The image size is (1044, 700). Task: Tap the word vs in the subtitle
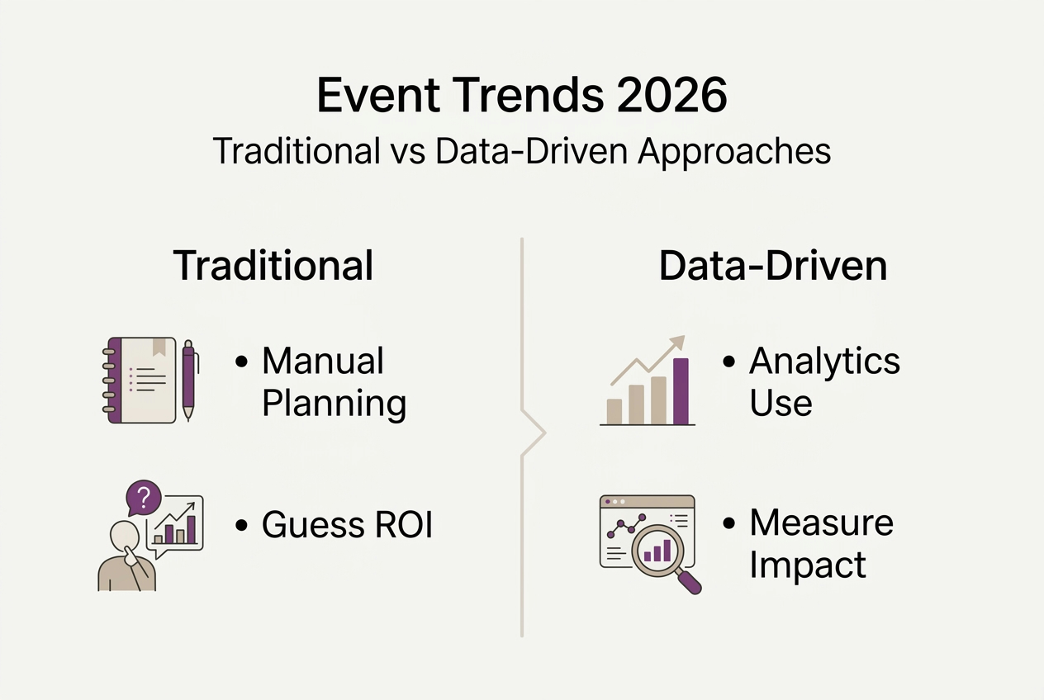click(402, 152)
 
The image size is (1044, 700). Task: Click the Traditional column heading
click(273, 266)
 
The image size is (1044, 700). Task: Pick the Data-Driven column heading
click(773, 266)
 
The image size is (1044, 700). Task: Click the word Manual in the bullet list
click(323, 361)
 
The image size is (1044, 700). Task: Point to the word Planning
click(334, 404)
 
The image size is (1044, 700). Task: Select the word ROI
click(395, 525)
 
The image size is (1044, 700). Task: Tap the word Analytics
click(824, 361)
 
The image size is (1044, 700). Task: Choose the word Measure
click(821, 523)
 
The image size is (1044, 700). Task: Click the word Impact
click(808, 565)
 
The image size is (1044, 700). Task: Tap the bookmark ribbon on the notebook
click(159, 347)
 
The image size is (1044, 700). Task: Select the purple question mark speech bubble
click(144, 498)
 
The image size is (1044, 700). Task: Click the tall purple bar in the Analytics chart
click(681, 390)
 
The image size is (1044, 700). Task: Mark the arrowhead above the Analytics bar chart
click(679, 342)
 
